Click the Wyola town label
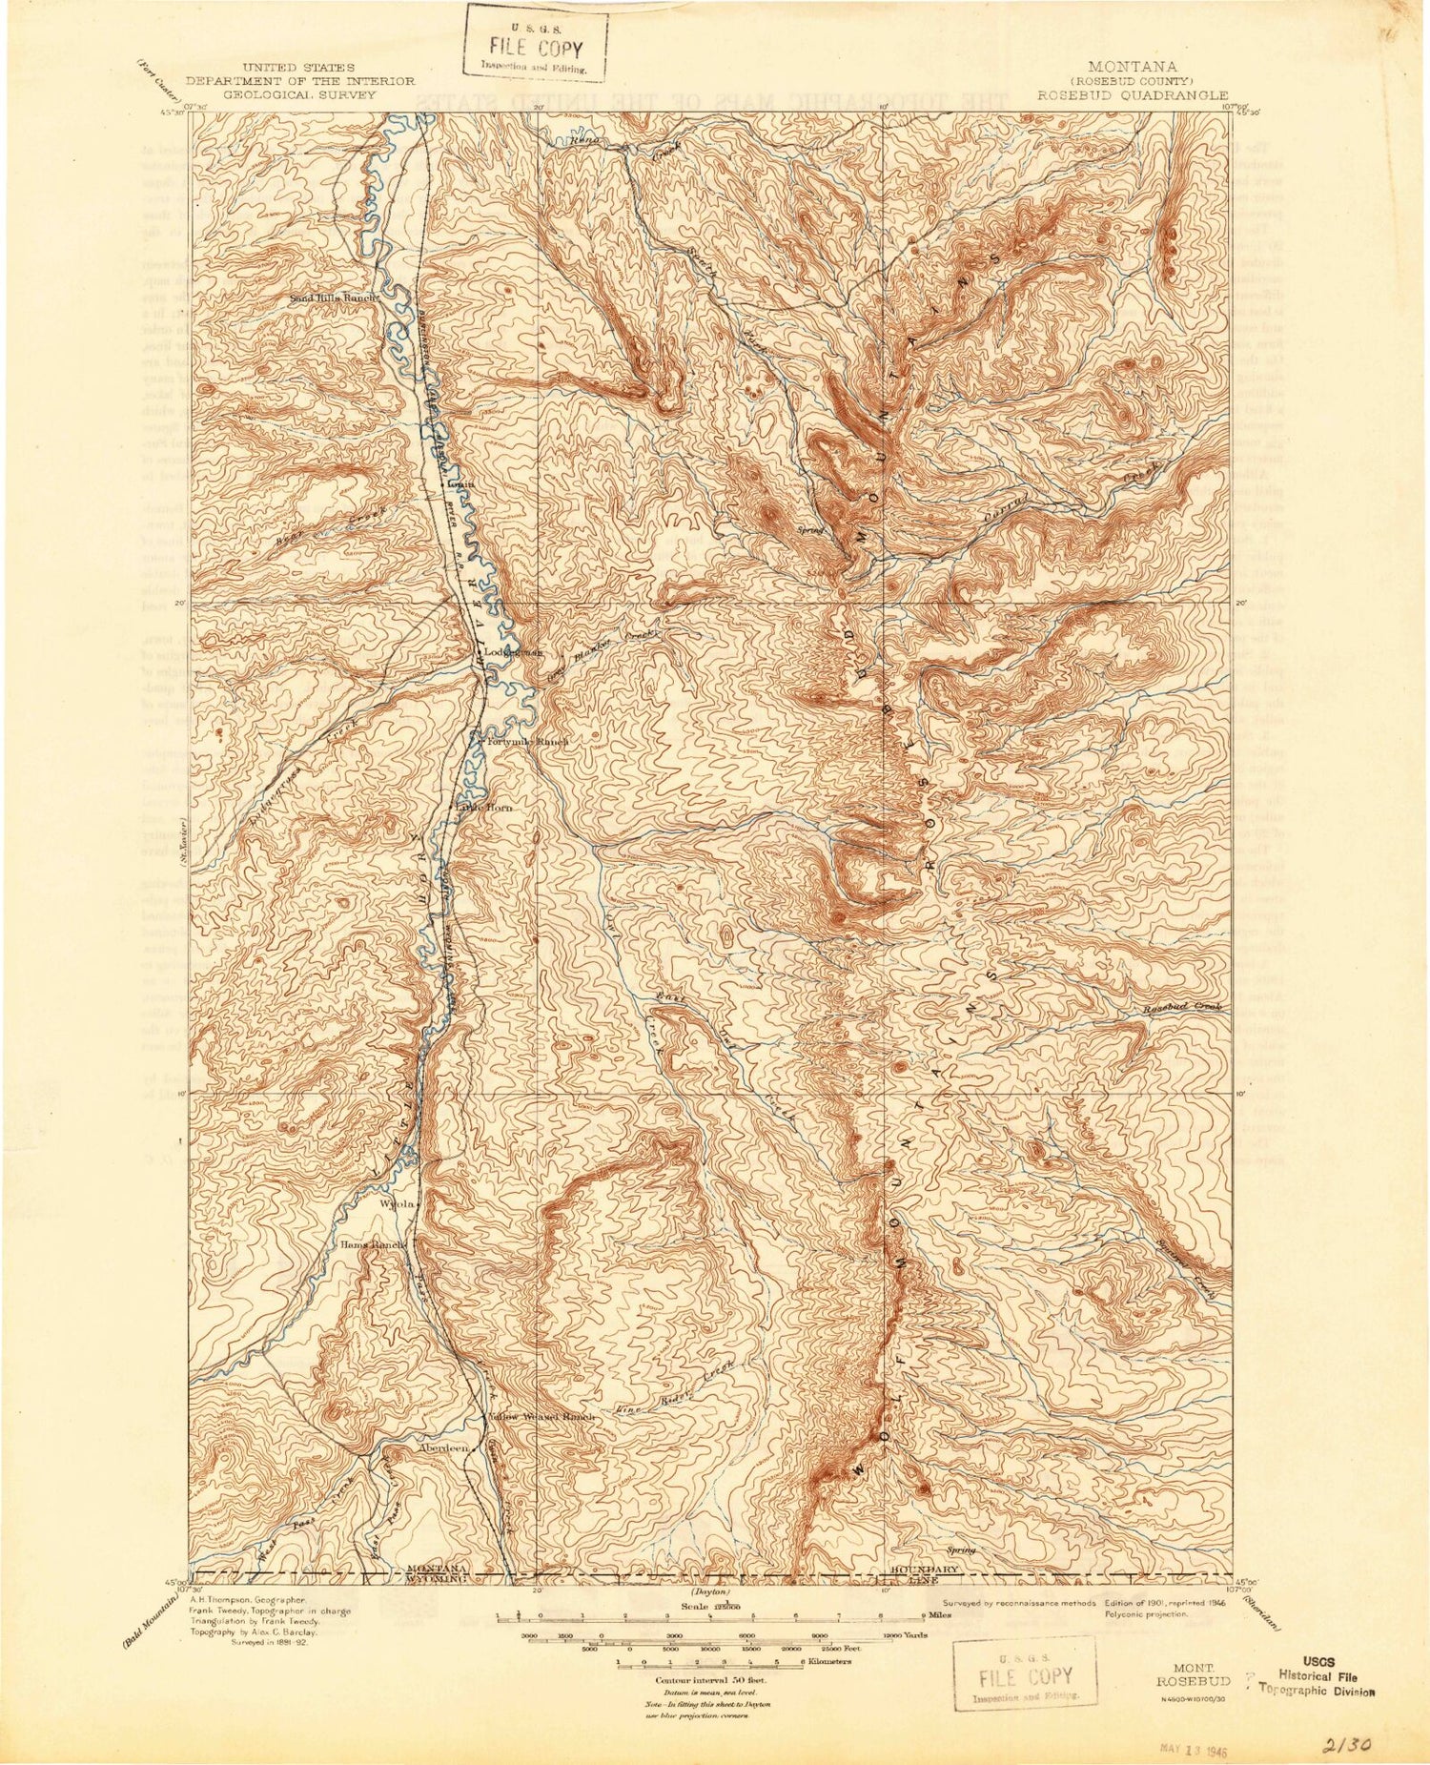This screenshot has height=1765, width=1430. tap(398, 1204)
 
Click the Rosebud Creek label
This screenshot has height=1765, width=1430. tap(1182, 1008)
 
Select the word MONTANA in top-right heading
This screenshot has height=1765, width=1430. tap(1132, 67)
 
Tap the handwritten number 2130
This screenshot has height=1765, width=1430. tap(1347, 1743)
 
